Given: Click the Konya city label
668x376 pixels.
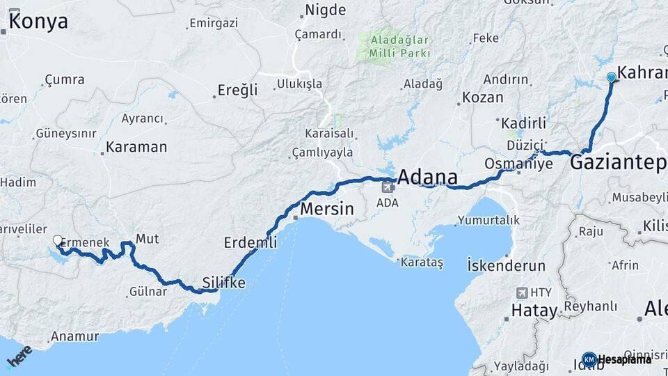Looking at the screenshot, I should pyautogui.click(x=38, y=22).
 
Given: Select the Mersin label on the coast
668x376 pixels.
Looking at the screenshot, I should pyautogui.click(x=326, y=209).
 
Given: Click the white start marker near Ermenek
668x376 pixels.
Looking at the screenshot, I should pyautogui.click(x=58, y=241).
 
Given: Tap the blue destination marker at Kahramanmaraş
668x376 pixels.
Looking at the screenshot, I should pyautogui.click(x=611, y=77).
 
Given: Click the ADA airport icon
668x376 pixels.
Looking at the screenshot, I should pyautogui.click(x=388, y=187).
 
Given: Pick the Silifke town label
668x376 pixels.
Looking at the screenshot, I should pyautogui.click(x=223, y=283).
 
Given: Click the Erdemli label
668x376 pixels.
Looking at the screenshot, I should pyautogui.click(x=250, y=242).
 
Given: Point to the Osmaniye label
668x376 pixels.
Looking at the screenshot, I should pyautogui.click(x=518, y=164).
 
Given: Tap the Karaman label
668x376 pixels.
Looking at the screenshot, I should pyautogui.click(x=137, y=148).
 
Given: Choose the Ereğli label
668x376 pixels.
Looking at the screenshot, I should pyautogui.click(x=237, y=90).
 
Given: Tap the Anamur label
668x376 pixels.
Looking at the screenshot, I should pyautogui.click(x=74, y=337).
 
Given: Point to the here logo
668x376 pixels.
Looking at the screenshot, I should pyautogui.click(x=19, y=356).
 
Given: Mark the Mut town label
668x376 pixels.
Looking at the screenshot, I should pyautogui.click(x=147, y=239).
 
